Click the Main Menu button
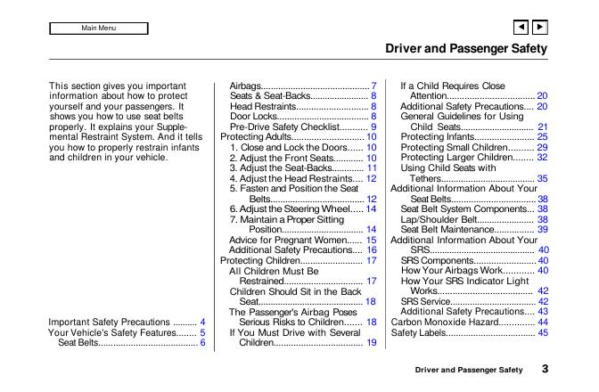(98, 29)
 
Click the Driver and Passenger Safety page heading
(465, 48)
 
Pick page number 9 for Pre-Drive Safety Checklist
(374, 127)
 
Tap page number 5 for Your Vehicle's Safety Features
(202, 332)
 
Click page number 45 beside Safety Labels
(542, 332)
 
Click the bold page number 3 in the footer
(543, 369)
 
